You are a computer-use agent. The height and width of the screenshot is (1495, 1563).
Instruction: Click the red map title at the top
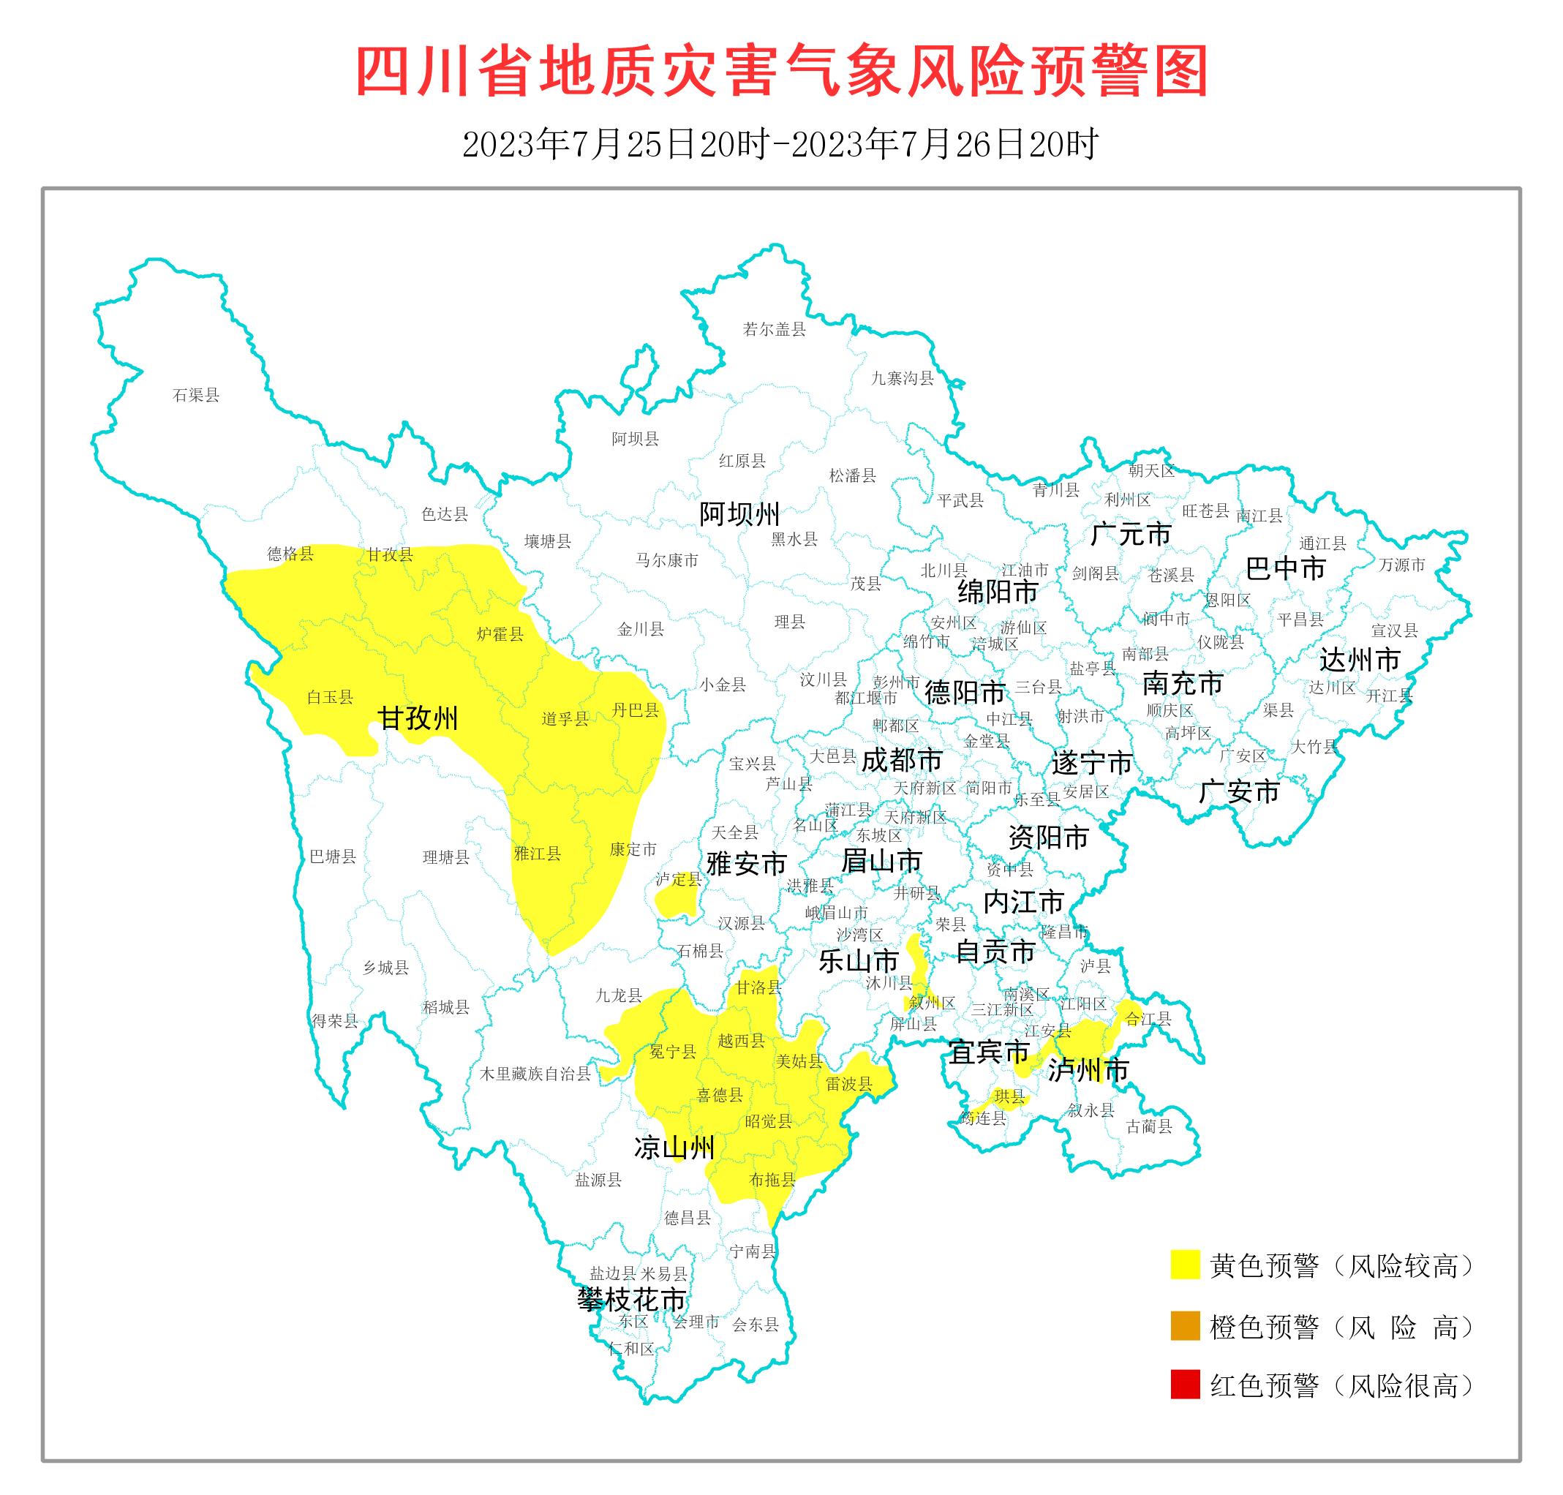781,72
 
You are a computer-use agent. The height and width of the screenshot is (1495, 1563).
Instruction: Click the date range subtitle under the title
780,144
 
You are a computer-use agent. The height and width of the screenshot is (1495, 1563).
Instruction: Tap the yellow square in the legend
1184,1265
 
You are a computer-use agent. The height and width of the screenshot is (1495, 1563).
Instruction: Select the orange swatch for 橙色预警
1184,1326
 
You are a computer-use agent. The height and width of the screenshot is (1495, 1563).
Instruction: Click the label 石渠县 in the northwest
195,395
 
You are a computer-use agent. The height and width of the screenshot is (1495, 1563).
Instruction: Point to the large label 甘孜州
418,719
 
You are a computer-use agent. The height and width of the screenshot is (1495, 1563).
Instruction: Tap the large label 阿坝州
739,515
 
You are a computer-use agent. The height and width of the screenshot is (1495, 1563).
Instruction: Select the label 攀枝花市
631,1299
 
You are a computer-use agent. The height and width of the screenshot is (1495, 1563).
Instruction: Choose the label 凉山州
674,1148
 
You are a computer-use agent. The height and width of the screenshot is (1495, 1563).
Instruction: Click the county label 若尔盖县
774,329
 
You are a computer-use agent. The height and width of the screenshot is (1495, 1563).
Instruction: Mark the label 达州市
1360,660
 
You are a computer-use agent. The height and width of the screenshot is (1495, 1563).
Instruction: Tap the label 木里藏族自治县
535,1074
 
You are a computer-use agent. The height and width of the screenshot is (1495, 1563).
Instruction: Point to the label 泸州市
1088,1070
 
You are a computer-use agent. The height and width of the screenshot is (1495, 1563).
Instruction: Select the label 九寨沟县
902,379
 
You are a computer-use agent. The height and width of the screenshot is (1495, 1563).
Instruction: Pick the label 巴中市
1286,568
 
